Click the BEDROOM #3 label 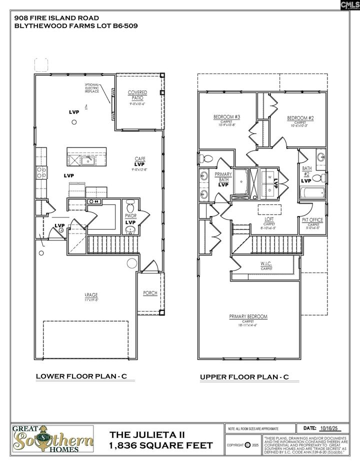click(x=227, y=117)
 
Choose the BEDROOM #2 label click(x=300, y=118)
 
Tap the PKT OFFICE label click(x=312, y=219)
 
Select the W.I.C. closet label click(x=266, y=264)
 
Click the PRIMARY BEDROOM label click(x=248, y=316)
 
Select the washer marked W click(x=270, y=177)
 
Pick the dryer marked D click(x=270, y=189)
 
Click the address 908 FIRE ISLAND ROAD click(x=60, y=17)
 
